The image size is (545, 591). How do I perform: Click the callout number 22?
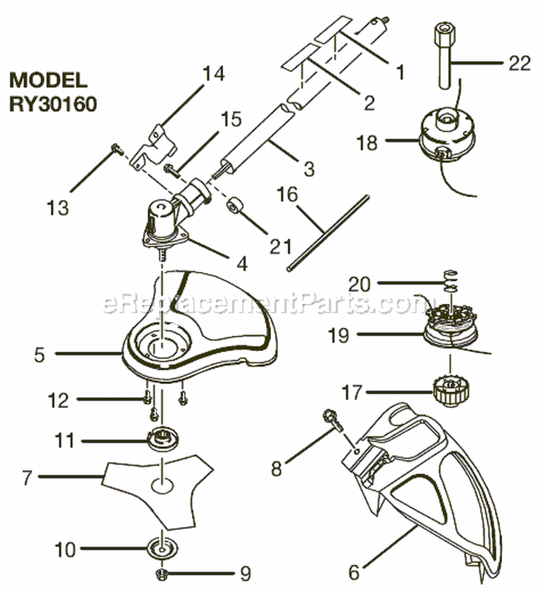520,64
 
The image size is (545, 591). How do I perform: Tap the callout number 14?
214,74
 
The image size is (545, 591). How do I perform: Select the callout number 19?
359,335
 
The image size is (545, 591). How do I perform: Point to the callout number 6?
354,573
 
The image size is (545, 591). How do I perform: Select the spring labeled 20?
451,281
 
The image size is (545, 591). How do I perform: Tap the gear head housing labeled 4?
163,222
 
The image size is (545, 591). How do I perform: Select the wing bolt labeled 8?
331,419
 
